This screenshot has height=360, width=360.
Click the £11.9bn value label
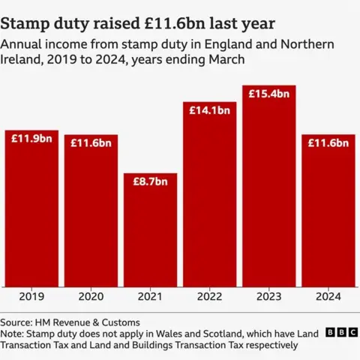click(31, 138)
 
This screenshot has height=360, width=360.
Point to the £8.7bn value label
click(150, 182)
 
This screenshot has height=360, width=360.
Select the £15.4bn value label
click(269, 94)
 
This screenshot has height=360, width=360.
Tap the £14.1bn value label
click(209, 109)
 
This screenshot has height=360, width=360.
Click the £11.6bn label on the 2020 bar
click(91, 142)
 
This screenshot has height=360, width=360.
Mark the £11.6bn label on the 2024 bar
click(328, 142)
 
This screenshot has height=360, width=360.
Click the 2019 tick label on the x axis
click(31, 296)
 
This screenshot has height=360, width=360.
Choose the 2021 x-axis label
click(150, 296)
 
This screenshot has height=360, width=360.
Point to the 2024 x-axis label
click(328, 296)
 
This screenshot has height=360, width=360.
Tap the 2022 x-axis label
click(209, 296)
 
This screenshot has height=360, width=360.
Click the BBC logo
click(340, 332)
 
